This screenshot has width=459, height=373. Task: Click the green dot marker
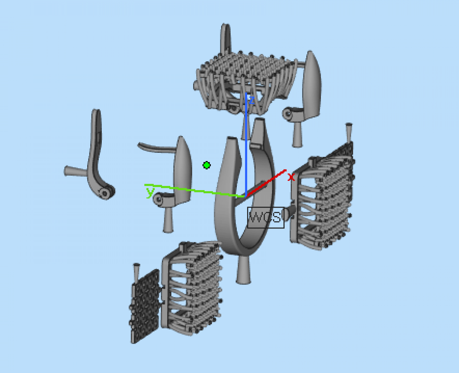pyautogui.click(x=207, y=165)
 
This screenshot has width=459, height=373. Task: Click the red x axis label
pyautogui.click(x=291, y=177)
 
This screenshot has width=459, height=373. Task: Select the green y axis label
pyautogui.click(x=150, y=192)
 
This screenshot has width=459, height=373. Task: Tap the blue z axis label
pyautogui.click(x=252, y=100)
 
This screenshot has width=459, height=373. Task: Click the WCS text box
pyautogui.click(x=266, y=218)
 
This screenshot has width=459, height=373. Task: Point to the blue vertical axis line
pyautogui.click(x=246, y=144)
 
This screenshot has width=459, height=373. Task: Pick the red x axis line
pyautogui.click(x=266, y=183)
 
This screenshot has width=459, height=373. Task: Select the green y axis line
pyautogui.click(x=195, y=191)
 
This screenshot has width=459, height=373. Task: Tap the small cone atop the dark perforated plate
pyautogui.click(x=137, y=273)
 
